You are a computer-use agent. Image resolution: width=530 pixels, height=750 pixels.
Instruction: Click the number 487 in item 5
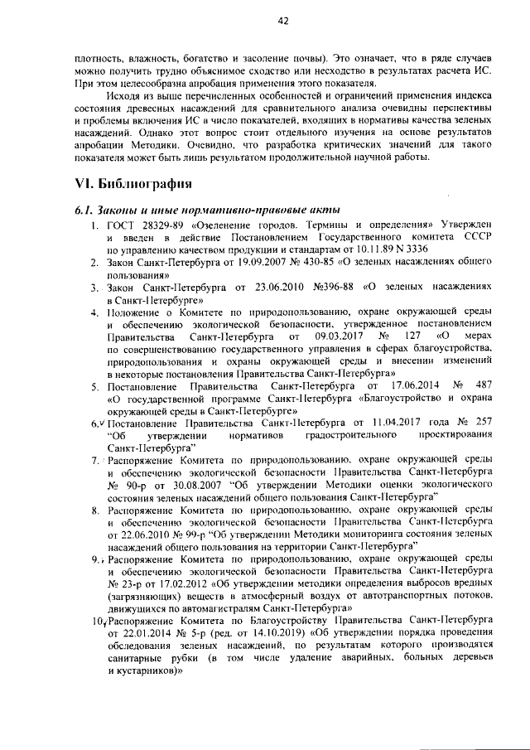coord(484,386)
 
